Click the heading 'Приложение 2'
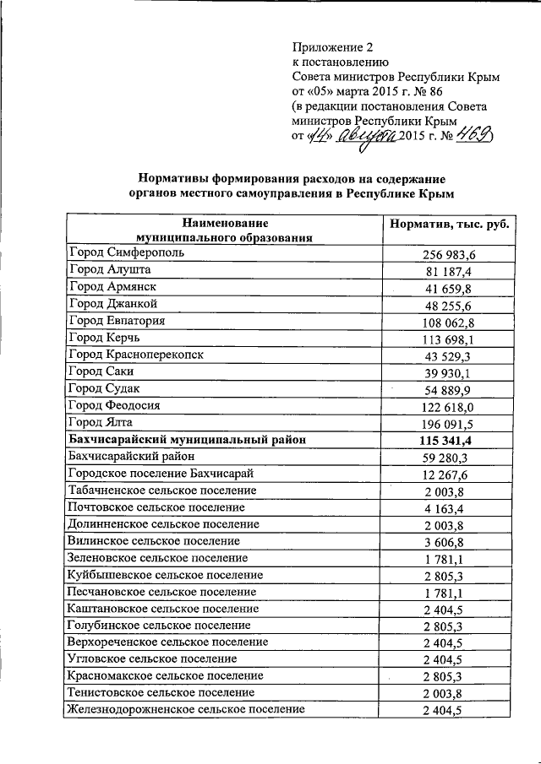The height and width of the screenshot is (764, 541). point(332,46)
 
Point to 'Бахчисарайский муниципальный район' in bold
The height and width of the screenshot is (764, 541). point(186,440)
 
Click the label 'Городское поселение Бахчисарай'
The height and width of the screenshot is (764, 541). point(161,474)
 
